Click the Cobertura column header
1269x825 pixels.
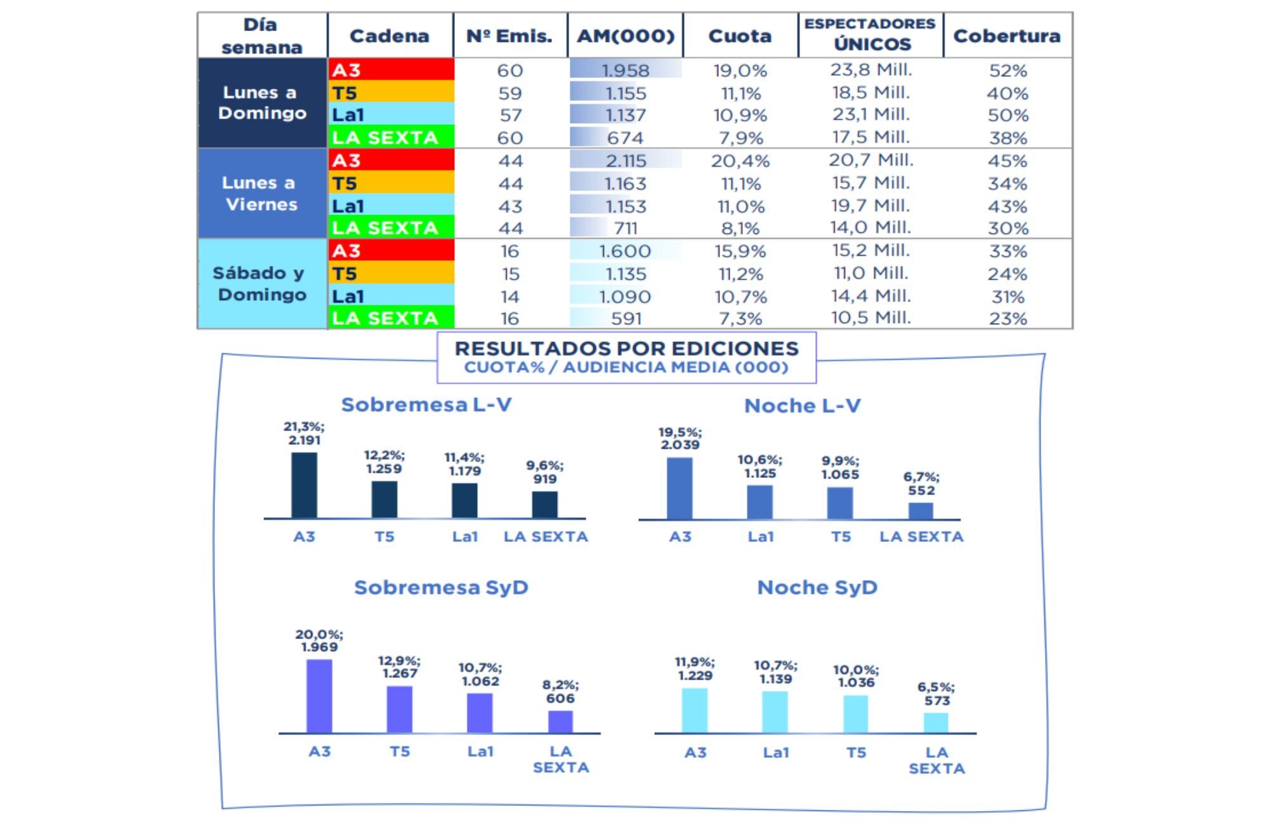[x=1006, y=36]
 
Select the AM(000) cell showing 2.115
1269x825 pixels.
[x=626, y=161]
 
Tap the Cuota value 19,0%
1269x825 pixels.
[x=740, y=70]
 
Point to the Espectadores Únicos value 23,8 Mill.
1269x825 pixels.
[x=871, y=70]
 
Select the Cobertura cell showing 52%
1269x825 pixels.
[x=1008, y=70]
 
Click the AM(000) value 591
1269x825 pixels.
[x=626, y=319]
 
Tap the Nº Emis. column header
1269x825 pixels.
[x=510, y=36]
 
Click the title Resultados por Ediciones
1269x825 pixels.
[x=626, y=348]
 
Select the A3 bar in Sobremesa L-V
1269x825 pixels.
[x=304, y=485]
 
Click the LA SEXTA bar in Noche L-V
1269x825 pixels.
[x=921, y=511]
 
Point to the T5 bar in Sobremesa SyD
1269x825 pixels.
[x=400, y=709]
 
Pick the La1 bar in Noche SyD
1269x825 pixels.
[x=775, y=712]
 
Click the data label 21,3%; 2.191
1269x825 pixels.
[x=304, y=433]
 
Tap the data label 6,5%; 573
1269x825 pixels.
[x=937, y=694]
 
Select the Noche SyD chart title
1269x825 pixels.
[x=817, y=587]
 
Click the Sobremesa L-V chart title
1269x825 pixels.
[x=426, y=405]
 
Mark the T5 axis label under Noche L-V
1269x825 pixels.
[x=841, y=537]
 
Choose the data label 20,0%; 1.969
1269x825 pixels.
[x=319, y=640]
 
